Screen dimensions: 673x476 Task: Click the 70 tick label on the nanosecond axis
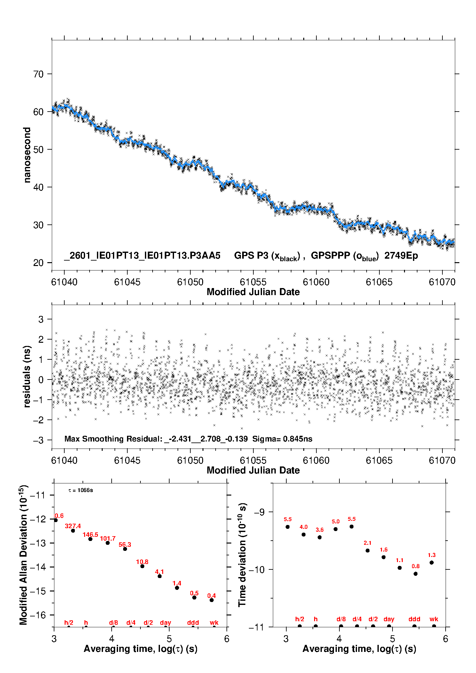tap(38, 74)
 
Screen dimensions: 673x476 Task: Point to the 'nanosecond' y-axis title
tap(27, 155)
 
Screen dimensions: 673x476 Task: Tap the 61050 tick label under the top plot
tap(190, 282)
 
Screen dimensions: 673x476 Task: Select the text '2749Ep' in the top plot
tap(401, 256)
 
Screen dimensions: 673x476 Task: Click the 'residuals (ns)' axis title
tap(27, 376)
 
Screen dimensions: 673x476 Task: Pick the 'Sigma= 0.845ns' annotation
tap(282, 439)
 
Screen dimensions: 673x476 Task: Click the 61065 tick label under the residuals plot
tap(379, 460)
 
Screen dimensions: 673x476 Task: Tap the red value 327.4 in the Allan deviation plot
tap(73, 526)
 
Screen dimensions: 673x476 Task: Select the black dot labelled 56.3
tap(125, 549)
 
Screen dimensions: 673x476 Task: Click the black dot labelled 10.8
tap(142, 566)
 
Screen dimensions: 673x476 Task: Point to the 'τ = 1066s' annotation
tap(81, 490)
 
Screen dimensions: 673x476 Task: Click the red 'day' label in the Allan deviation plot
tap(165, 622)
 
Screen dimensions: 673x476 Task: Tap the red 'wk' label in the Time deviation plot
tap(434, 619)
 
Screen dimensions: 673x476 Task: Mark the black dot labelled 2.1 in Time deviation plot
tap(368, 551)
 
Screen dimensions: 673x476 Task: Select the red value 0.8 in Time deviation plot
tap(416, 566)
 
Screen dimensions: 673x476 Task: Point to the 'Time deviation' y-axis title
tap(242, 555)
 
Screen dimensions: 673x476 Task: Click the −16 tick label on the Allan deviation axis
tap(38, 615)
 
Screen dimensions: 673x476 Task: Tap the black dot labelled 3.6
tap(320, 537)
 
